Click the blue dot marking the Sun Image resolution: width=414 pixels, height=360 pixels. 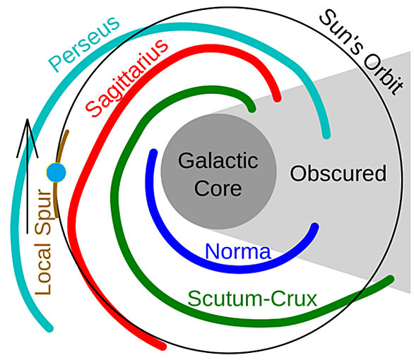[56, 172]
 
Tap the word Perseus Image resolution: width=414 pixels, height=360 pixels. [84, 44]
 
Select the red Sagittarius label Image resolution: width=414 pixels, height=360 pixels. [126, 78]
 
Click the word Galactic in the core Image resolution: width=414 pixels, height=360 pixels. [218, 161]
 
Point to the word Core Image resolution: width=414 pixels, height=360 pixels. [218, 188]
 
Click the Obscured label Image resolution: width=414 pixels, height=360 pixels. [338, 173]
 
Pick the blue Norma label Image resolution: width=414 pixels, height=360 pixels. [238, 251]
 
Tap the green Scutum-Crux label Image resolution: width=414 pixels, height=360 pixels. [252, 299]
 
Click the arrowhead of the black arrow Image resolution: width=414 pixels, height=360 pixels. [27, 120]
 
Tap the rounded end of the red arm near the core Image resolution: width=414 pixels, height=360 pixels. [277, 99]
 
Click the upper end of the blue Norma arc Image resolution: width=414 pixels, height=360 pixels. [153, 152]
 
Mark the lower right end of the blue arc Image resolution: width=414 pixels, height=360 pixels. [314, 227]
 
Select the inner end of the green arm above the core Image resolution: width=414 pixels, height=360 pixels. [252, 109]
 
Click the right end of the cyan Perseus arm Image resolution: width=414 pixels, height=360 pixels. [326, 136]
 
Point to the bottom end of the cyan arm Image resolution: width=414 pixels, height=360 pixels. [50, 329]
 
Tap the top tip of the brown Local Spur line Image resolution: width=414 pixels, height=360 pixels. [67, 131]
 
